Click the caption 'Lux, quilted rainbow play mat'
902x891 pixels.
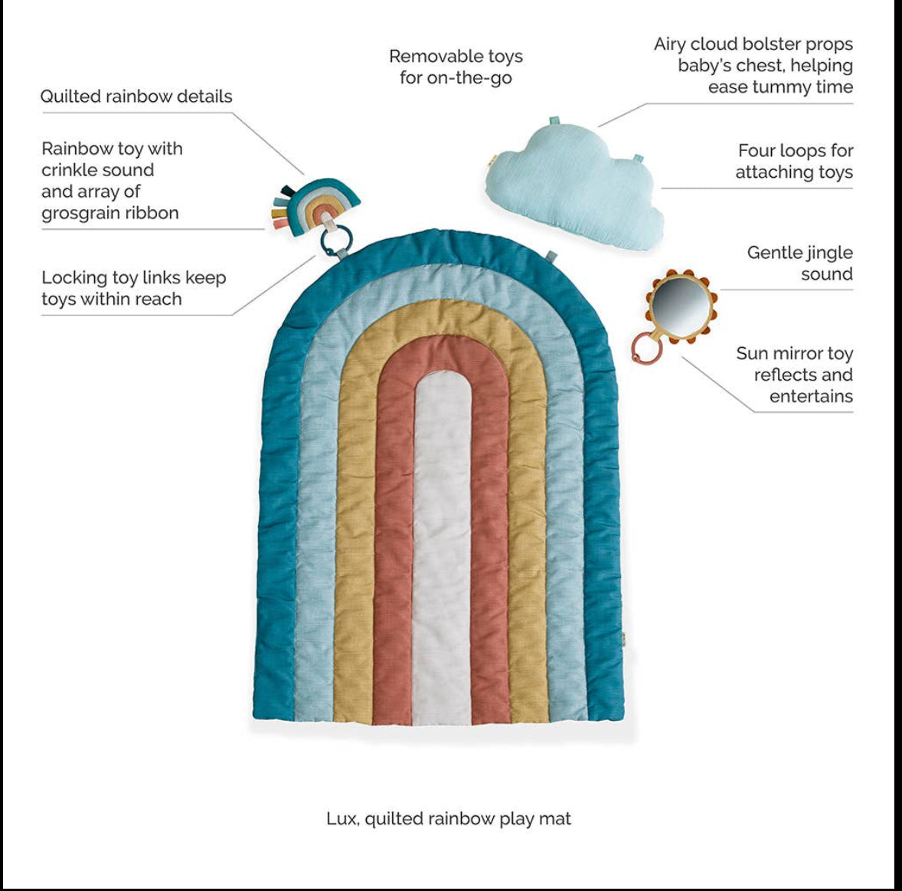tap(449, 818)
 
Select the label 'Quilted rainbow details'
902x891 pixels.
tap(136, 97)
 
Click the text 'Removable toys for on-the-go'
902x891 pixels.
tap(456, 67)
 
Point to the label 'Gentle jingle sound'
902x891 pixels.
tap(799, 263)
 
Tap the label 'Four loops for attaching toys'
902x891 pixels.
tap(794, 162)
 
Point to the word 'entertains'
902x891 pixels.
tap(811, 396)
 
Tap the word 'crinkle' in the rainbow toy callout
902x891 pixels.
tap(70, 170)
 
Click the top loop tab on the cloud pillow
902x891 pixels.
tap(554, 123)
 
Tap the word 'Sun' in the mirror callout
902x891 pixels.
tap(753, 353)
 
